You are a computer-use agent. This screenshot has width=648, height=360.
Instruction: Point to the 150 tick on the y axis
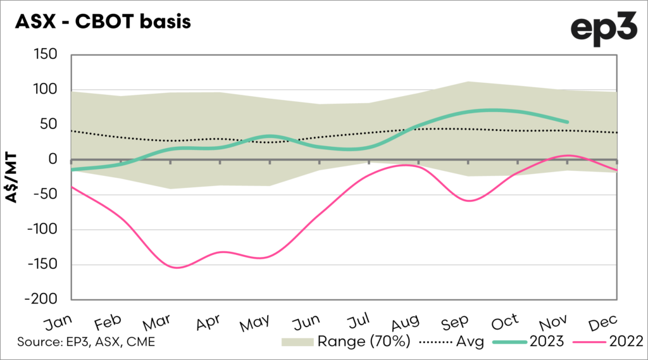pos(45,56)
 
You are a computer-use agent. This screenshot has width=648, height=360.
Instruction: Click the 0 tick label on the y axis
pos(53,160)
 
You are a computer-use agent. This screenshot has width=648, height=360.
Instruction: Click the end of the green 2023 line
pos(567,122)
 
